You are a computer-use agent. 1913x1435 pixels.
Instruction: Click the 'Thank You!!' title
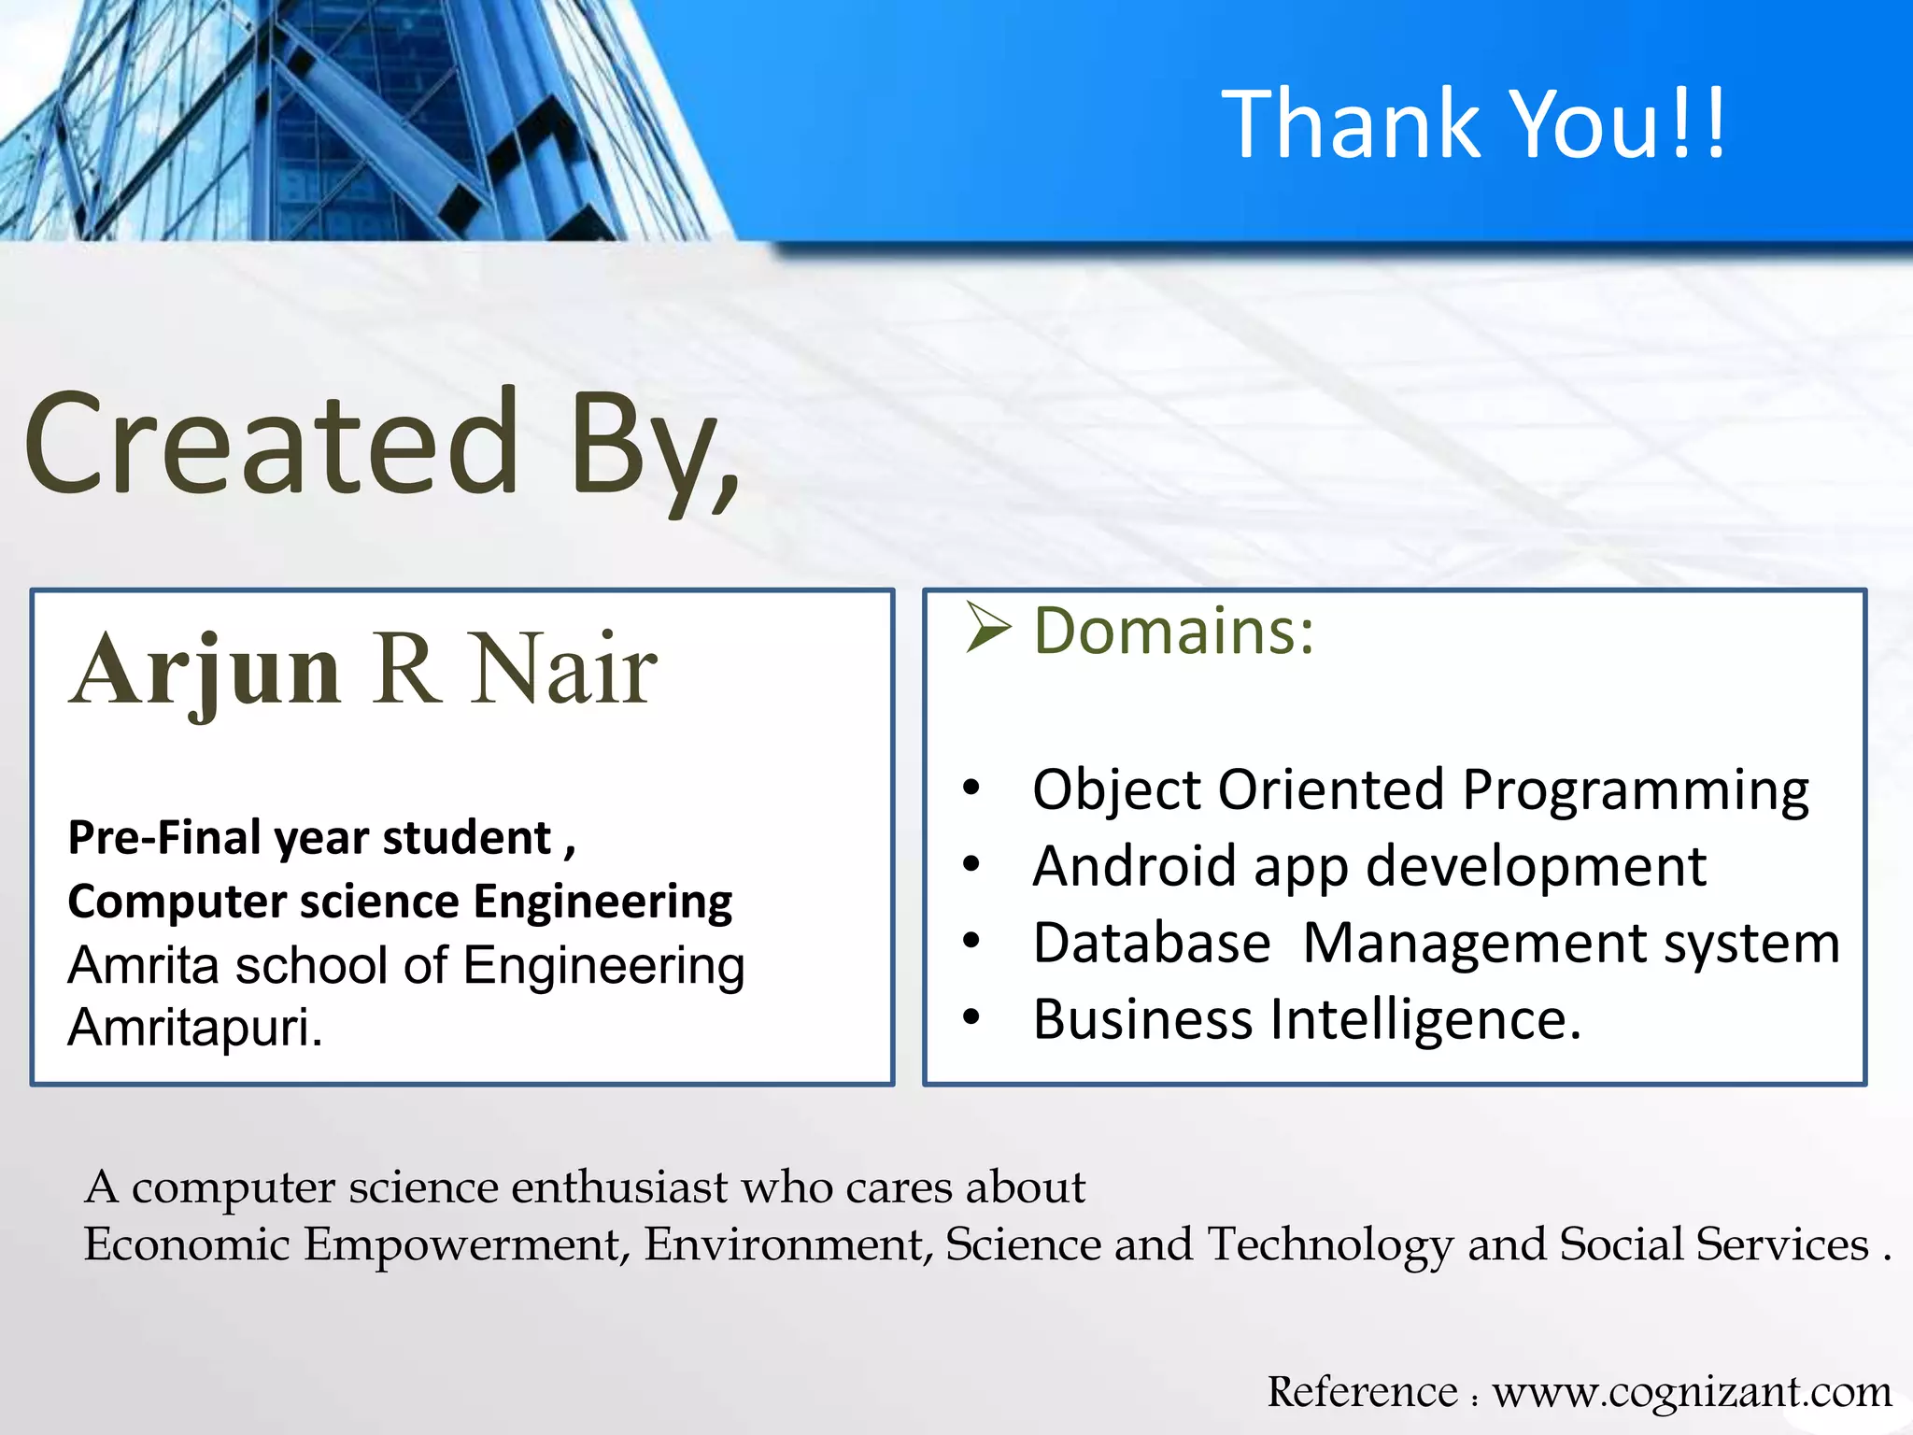[x=1473, y=122]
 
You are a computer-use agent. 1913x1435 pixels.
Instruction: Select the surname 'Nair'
[x=564, y=670]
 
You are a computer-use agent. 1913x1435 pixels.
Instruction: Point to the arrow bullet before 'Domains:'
[x=988, y=628]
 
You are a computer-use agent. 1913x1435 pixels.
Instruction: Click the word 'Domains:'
[x=1173, y=632]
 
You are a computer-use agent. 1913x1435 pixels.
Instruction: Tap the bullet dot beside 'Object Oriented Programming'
[x=971, y=789]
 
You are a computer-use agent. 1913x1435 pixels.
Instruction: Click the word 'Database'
[x=1151, y=942]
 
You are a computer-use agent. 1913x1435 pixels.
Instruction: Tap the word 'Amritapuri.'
[x=195, y=1027]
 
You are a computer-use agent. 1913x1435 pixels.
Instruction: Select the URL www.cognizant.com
[x=1692, y=1391]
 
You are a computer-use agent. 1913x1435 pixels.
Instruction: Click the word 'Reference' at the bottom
[x=1361, y=1391]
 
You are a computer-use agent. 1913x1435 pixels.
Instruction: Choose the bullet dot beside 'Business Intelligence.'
[x=971, y=1017]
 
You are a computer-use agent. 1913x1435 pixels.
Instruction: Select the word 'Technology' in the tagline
[x=1330, y=1244]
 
